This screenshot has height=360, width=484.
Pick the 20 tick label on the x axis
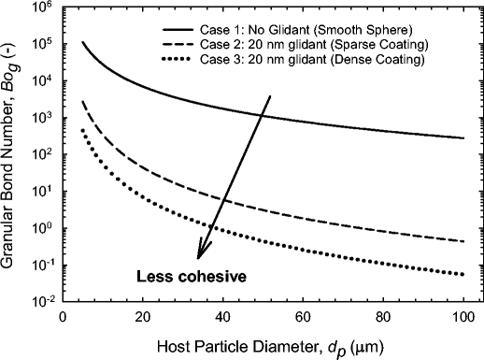(x=143, y=317)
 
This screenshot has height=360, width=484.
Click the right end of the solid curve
(x=464, y=138)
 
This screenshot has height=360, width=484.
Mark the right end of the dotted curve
(x=464, y=274)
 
